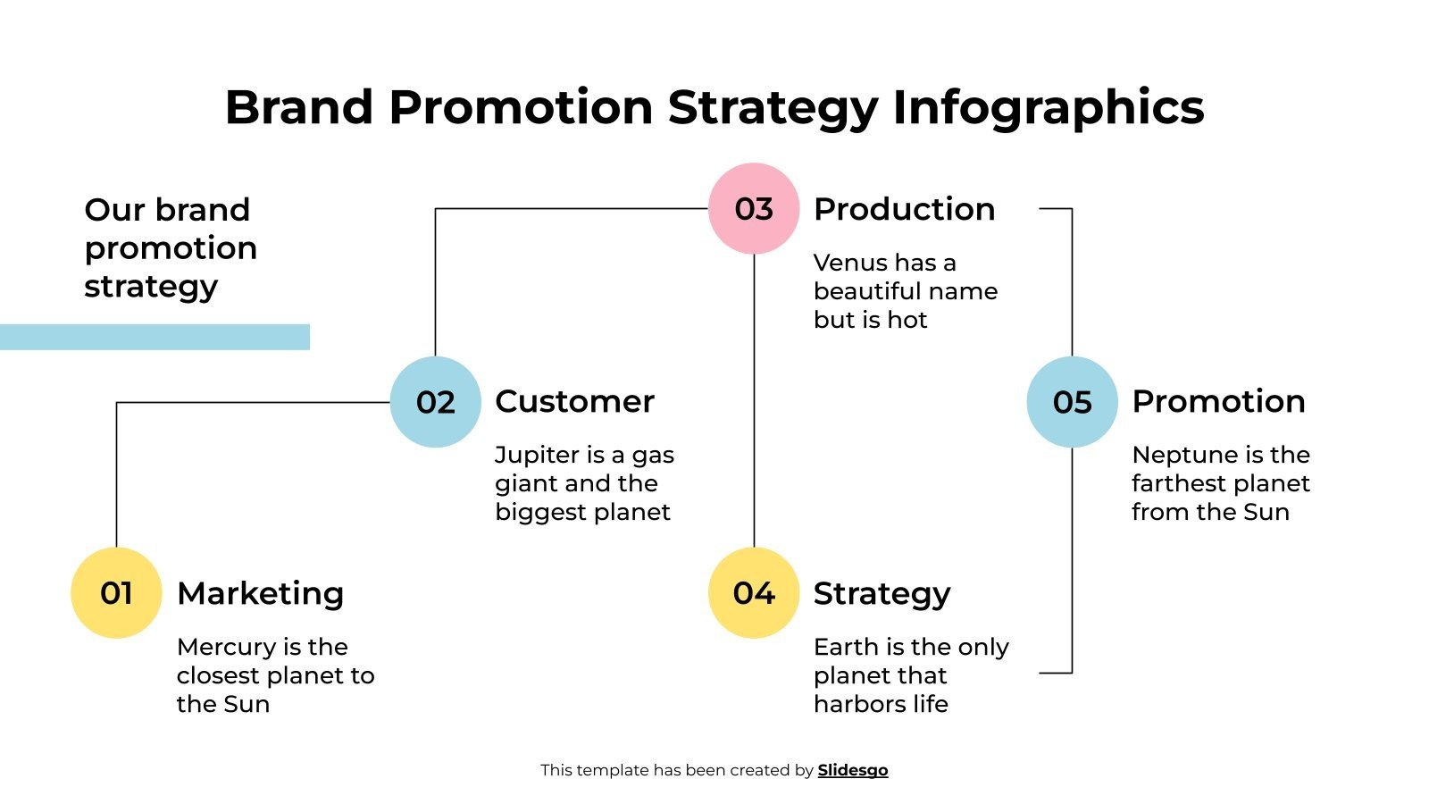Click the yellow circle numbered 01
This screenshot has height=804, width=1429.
[116, 593]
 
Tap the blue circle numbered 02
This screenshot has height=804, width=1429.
[436, 402]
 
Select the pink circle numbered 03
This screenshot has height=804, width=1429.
[754, 209]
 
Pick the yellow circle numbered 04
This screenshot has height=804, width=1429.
[754, 593]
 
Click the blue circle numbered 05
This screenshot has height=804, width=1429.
[1072, 402]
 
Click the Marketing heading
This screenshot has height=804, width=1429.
[260, 593]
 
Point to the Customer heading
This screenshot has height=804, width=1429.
[574, 401]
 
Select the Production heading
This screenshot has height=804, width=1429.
[904, 209]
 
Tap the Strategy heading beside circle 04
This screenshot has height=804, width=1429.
[882, 593]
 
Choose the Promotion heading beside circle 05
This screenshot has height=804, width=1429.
[1218, 401]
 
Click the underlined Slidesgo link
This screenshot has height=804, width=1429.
[852, 770]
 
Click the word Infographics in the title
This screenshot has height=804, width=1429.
[1048, 107]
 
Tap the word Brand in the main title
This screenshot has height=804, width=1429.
[298, 107]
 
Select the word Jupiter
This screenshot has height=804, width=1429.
[537, 455]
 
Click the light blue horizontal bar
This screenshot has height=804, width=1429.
[155, 337]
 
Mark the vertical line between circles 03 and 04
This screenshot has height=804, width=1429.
[754, 402]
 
